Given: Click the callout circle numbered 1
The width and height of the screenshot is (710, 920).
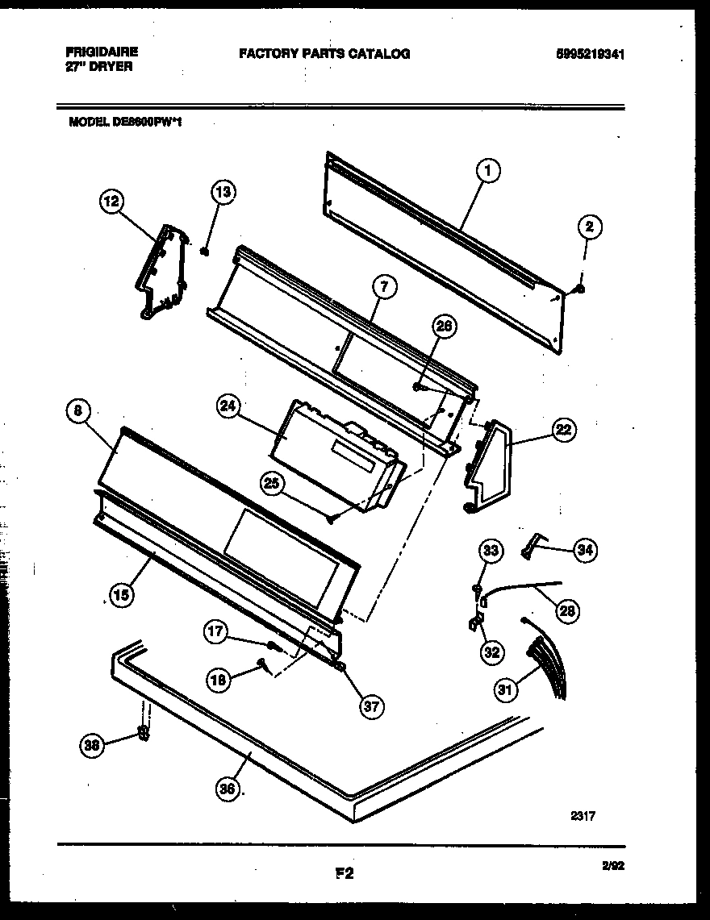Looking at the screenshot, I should click(488, 170).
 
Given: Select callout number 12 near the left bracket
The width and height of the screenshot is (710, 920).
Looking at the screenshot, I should click(113, 200).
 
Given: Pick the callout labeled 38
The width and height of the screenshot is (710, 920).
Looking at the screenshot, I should click(92, 746).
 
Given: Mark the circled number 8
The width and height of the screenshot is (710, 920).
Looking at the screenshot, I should click(77, 411).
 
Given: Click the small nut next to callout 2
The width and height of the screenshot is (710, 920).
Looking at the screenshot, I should click(580, 288).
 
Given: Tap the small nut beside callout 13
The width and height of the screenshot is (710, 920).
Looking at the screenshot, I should click(206, 251).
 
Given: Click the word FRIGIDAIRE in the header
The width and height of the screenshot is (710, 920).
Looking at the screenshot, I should click(101, 51).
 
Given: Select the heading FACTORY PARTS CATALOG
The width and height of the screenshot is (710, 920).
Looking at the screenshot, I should click(324, 54).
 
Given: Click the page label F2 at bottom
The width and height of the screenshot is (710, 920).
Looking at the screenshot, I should click(345, 872).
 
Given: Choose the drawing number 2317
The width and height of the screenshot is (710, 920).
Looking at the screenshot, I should click(582, 816).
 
